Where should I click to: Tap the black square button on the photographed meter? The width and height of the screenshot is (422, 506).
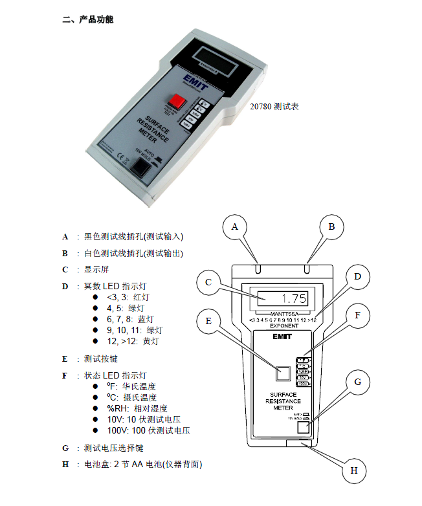tap(142, 168)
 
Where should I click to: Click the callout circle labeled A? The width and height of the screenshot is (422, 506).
tap(236, 226)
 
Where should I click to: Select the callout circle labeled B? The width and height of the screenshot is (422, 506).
tap(331, 226)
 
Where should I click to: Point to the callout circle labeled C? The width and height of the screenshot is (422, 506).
tap(208, 282)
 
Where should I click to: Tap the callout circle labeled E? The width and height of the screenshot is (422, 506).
tap(208, 321)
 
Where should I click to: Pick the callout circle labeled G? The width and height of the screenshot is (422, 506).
tap(358, 382)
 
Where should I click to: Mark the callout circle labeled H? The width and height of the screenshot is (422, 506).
tap(354, 470)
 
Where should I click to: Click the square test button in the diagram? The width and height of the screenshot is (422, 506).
tap(283, 373)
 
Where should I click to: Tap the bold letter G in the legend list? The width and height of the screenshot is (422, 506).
tap(65, 448)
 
